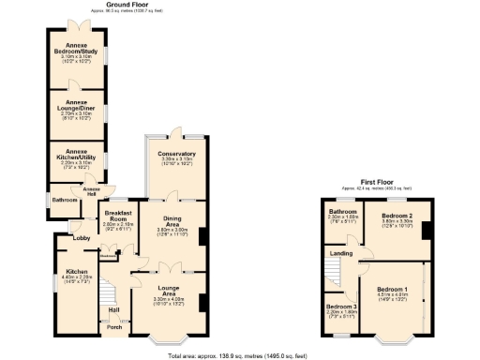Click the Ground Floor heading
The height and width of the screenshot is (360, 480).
click(x=129, y=5)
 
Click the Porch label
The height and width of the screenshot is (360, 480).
click(x=113, y=327)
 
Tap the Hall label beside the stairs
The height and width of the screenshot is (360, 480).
click(x=113, y=309)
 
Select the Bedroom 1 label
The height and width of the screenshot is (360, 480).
click(x=392, y=289)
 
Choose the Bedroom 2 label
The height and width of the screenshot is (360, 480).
click(x=397, y=216)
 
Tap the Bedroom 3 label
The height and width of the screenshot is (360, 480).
click(x=341, y=307)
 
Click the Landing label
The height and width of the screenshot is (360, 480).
click(x=343, y=252)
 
